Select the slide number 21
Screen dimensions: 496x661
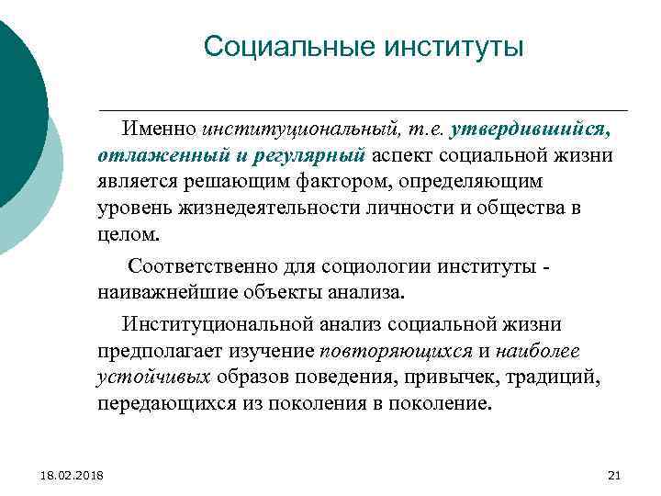click(615, 474)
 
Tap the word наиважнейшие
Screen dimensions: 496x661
click(169, 292)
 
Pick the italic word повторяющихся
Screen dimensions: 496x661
click(395, 351)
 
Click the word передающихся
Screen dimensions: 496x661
click(162, 402)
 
